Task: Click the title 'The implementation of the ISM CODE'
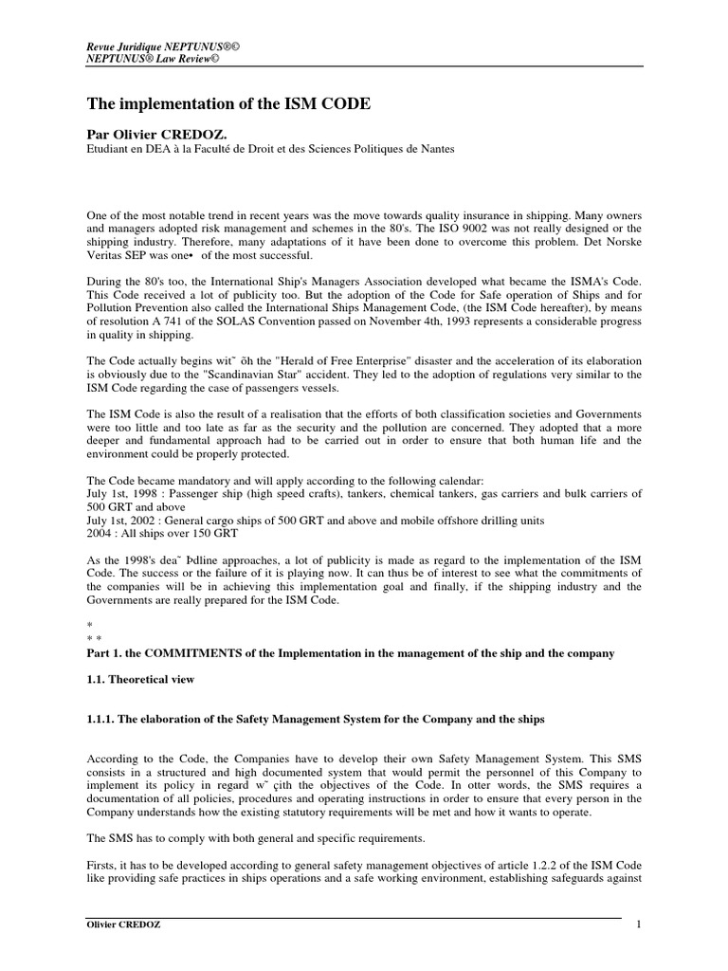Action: coord(229,103)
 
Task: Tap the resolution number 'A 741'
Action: coord(176,321)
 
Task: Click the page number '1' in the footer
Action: coord(639,925)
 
